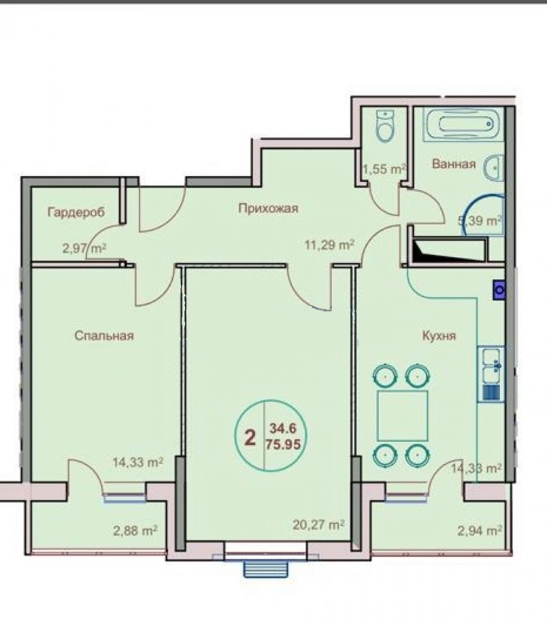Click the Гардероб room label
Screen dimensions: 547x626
click(x=76, y=212)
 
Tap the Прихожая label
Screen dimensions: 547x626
click(x=268, y=208)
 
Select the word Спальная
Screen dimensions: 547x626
click(x=104, y=336)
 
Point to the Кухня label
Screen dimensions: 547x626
click(x=439, y=336)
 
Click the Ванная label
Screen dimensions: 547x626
click(x=454, y=163)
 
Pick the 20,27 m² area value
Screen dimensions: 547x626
click(x=318, y=525)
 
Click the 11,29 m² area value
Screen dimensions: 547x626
click(x=329, y=245)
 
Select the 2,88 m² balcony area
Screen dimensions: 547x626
click(x=135, y=530)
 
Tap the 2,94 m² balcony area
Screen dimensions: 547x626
click(x=480, y=530)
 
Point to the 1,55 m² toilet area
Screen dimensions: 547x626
click(x=384, y=169)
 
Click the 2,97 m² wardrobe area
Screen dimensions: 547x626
click(x=84, y=249)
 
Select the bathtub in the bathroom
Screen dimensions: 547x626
click(x=463, y=124)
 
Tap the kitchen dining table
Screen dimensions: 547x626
click(x=402, y=416)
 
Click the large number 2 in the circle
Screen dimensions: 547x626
click(x=250, y=438)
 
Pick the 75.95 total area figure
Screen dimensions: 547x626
click(x=283, y=444)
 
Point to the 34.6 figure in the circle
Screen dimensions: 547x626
click(x=283, y=428)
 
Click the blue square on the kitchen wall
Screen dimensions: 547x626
click(x=499, y=289)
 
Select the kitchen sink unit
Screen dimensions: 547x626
click(x=491, y=374)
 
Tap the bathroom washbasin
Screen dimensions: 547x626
click(x=495, y=168)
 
